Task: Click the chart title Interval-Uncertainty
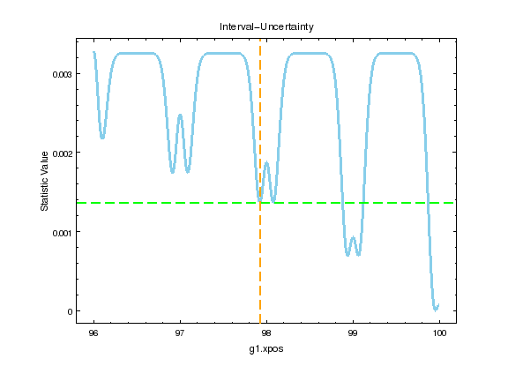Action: (266, 26)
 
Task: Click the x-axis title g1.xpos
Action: (266, 350)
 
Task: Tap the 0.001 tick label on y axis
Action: (57, 232)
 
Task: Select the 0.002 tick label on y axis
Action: (57, 153)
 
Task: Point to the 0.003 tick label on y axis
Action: (57, 74)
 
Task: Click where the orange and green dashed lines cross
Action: (260, 203)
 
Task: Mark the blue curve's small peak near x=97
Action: (180, 115)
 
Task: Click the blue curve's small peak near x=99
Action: (353, 237)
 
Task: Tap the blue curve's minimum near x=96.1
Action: (102, 138)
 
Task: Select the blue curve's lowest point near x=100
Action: (435, 310)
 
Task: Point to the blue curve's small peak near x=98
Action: (266, 162)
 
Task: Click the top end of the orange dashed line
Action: (260, 39)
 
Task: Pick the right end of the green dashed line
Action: (454, 203)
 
